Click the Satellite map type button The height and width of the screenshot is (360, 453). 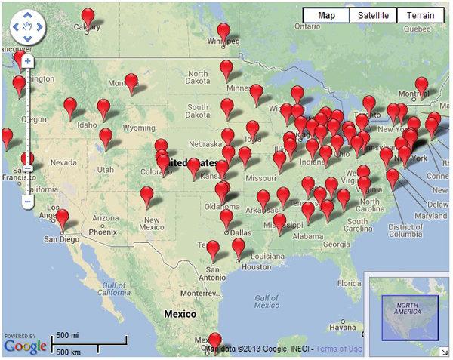[374, 15]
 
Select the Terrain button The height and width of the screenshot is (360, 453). [421, 15]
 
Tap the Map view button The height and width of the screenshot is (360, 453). [326, 15]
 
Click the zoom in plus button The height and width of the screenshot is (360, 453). [27, 60]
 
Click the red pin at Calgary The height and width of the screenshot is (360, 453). [88, 17]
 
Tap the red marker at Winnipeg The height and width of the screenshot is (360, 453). [223, 32]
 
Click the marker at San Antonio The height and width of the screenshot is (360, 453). [213, 249]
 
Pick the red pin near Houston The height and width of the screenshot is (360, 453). [239, 246]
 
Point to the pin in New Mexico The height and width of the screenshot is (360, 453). [147, 195]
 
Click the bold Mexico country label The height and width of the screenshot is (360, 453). [180, 313]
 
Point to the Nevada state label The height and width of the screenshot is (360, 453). [63, 162]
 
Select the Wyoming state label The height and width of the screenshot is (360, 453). [138, 128]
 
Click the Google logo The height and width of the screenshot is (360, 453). [24, 346]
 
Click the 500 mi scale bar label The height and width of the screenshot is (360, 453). [68, 335]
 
